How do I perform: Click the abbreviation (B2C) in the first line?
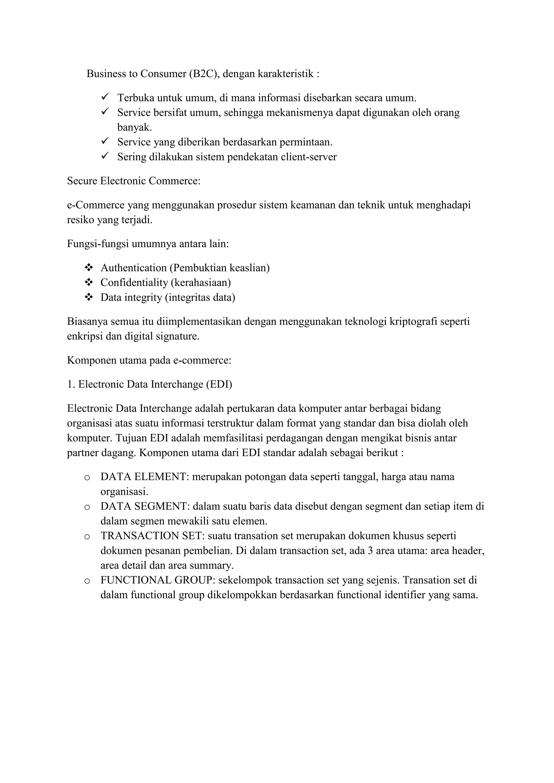pyautogui.click(x=204, y=74)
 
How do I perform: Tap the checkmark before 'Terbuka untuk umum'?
pyautogui.click(x=105, y=97)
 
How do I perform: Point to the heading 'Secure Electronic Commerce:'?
pyautogui.click(x=134, y=181)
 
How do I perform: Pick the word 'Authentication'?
pyautogui.click(x=133, y=268)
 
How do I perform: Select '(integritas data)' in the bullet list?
pyautogui.click(x=200, y=297)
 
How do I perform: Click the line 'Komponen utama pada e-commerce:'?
pyautogui.click(x=149, y=360)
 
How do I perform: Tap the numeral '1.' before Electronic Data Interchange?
pyautogui.click(x=71, y=384)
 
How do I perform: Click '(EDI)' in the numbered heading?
pyautogui.click(x=219, y=384)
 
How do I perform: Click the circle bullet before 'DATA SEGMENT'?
pyautogui.click(x=87, y=507)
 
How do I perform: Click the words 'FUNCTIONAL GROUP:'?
pyautogui.click(x=158, y=580)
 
